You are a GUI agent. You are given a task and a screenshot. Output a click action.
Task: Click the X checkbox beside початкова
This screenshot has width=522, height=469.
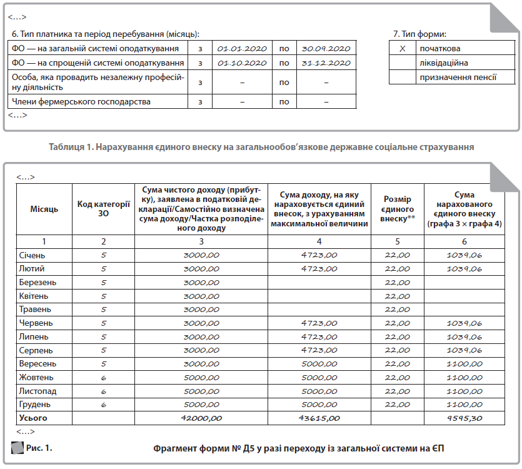pyautogui.click(x=403, y=48)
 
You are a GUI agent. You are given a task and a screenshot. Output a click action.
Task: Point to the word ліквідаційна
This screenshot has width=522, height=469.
pyautogui.click(x=443, y=63)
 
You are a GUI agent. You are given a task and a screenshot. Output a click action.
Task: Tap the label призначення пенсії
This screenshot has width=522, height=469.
pyautogui.click(x=458, y=78)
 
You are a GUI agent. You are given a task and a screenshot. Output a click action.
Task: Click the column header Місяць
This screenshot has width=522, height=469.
pyautogui.click(x=44, y=209)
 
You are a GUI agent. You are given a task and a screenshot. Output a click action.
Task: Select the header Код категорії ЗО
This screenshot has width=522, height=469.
pyautogui.click(x=103, y=209)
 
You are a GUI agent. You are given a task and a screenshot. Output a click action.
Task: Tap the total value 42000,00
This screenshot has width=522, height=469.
pyautogui.click(x=201, y=418)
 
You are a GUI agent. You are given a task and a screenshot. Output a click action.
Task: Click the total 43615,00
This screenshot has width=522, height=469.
pyautogui.click(x=319, y=418)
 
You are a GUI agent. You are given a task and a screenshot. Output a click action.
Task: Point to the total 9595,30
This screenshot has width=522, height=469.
pyautogui.click(x=464, y=418)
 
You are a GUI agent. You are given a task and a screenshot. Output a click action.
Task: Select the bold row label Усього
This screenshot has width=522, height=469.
pyautogui.click(x=33, y=418)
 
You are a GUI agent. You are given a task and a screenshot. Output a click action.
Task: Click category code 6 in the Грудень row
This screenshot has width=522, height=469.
pyautogui.click(x=103, y=405)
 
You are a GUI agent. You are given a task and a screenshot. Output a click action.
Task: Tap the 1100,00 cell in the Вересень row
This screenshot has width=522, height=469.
pyautogui.click(x=464, y=364)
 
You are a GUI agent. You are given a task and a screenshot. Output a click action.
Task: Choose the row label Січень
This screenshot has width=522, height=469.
pyautogui.click(x=33, y=255)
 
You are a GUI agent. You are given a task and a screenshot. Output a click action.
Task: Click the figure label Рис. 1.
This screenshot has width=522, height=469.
pyautogui.click(x=39, y=448)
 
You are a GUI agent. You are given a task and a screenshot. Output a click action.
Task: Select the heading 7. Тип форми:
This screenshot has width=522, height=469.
pyautogui.click(x=420, y=33)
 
